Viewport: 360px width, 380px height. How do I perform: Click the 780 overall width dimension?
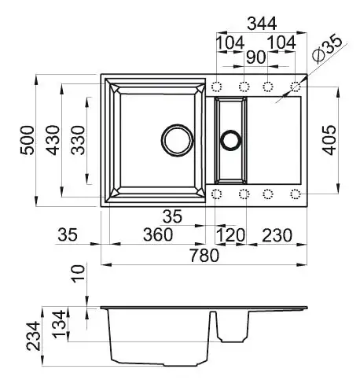point(204,255)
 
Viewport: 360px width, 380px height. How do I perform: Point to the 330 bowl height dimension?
point(79,141)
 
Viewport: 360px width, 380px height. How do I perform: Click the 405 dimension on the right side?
point(331,141)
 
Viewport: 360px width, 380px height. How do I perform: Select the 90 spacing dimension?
point(255,56)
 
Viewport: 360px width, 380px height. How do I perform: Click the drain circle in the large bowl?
point(177,140)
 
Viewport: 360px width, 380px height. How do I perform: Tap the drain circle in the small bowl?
point(231,140)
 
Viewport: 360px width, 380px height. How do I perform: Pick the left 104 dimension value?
point(230,41)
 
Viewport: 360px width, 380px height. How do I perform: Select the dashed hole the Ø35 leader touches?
point(296,86)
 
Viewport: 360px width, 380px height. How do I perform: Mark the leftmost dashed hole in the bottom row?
point(219,193)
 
